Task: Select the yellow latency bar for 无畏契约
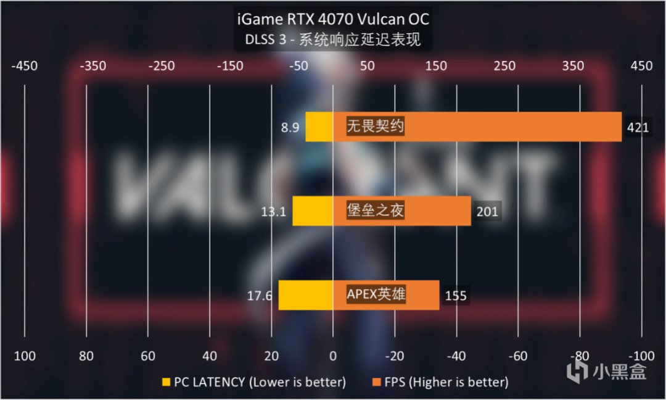319,127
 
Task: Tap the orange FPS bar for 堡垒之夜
438,211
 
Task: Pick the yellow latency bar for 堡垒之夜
313,211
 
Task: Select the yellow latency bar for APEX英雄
306,295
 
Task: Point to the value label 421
638,128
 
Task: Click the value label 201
487,212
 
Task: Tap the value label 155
456,296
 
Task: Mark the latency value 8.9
290,128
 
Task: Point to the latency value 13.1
274,212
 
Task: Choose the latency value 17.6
260,296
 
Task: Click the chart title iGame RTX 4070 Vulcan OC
333,19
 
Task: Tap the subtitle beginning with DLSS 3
333,41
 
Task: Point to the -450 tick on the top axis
25,66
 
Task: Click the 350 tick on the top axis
573,66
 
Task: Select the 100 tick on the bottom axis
25,356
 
